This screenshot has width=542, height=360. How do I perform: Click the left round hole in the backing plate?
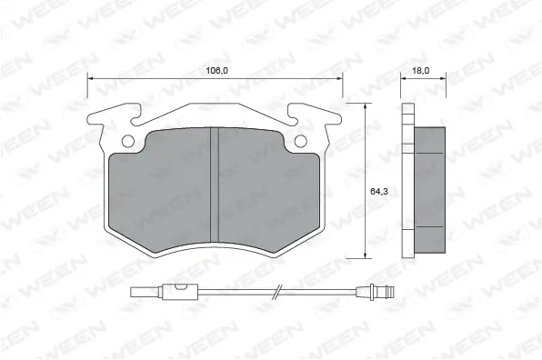pos(128,141)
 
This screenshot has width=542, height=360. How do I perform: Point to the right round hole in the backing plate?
pos(301,141)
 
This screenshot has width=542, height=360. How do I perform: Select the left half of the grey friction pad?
pos(164,191)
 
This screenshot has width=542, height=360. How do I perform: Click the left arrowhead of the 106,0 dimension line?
pos(90,80)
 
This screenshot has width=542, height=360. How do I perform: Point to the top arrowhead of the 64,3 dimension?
pos(365,105)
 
